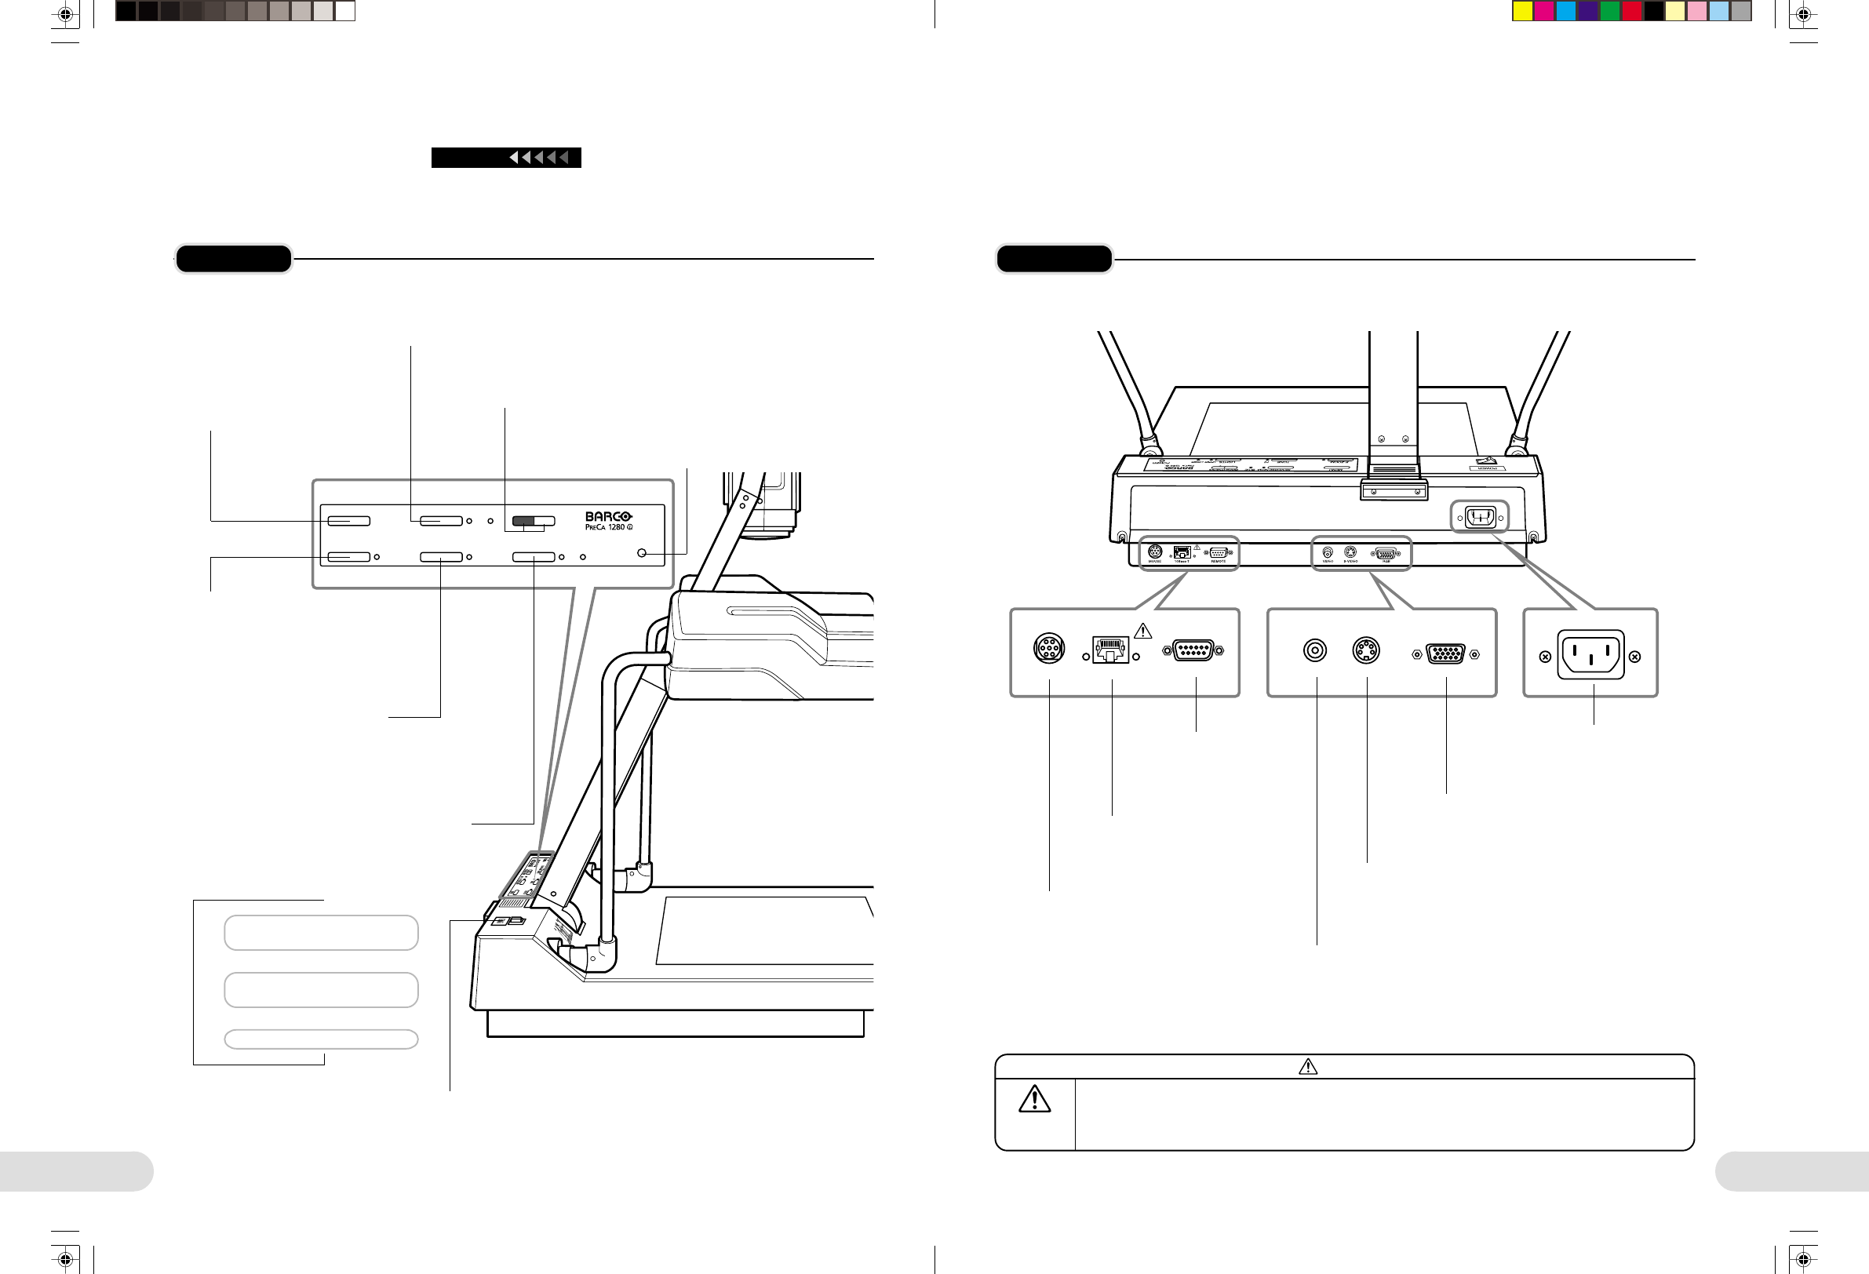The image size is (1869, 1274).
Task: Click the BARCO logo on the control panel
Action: click(608, 516)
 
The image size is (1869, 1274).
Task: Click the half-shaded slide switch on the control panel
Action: click(534, 521)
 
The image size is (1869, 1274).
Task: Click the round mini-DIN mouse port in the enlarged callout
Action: click(1049, 648)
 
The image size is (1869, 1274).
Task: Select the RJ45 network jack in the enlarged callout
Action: click(1110, 650)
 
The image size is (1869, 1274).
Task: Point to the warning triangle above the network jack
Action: click(1142, 632)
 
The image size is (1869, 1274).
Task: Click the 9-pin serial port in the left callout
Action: click(1193, 650)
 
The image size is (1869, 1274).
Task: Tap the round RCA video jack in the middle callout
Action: click(1315, 650)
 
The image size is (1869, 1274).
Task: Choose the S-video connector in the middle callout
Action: click(1365, 650)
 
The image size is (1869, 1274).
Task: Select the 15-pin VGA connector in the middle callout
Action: click(1445, 654)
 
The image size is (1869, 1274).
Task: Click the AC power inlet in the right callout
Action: click(1590, 655)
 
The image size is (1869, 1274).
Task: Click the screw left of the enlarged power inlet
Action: click(1545, 657)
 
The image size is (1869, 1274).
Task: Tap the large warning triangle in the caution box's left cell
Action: click(1034, 1100)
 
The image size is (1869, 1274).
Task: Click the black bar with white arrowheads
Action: click(506, 158)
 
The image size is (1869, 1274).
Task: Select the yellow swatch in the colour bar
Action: click(1522, 11)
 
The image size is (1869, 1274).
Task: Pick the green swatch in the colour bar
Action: click(1610, 11)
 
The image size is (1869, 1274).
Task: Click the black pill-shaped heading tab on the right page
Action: click(1055, 259)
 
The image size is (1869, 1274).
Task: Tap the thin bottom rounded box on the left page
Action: click(321, 1039)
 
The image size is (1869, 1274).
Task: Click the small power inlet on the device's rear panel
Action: click(1480, 516)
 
